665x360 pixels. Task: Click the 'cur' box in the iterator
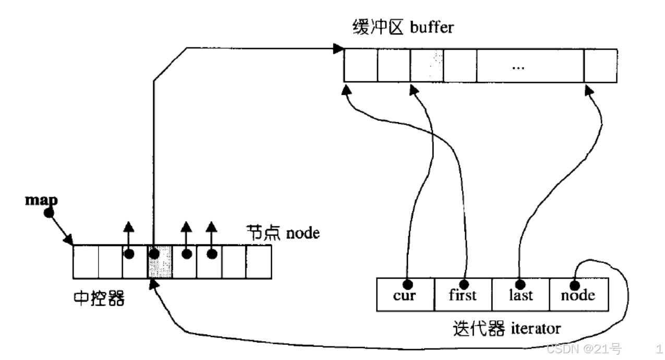click(405, 295)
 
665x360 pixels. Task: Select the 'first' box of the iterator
click(463, 295)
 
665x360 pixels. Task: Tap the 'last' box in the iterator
click(521, 295)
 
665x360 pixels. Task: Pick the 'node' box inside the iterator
click(578, 295)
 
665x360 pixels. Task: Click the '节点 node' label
click(282, 232)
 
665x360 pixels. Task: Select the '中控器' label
click(99, 298)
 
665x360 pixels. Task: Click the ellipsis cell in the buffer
click(530, 66)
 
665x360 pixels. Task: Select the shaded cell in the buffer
click(427, 66)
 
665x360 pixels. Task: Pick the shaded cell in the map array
click(160, 261)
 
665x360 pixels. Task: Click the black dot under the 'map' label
click(48, 213)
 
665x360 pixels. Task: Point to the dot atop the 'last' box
click(519, 284)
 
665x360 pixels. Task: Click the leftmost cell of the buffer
click(360, 66)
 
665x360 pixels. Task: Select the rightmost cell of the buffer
click(601, 66)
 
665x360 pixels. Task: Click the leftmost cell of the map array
click(85, 261)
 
